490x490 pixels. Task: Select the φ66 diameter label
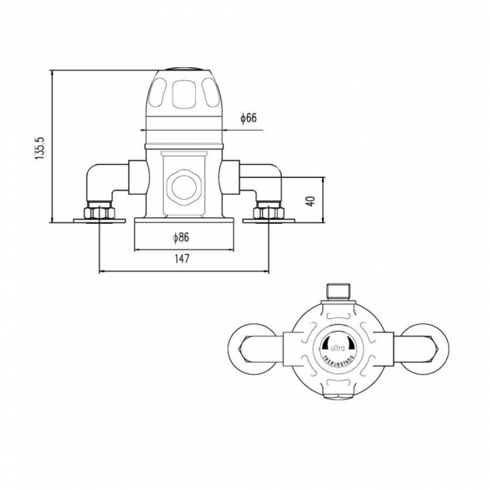(x=249, y=118)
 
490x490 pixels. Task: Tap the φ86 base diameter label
(x=180, y=237)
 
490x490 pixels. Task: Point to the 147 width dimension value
(x=181, y=259)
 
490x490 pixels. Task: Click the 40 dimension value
(x=309, y=201)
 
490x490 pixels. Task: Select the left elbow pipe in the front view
(x=103, y=181)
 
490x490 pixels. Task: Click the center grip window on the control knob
(x=183, y=95)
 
